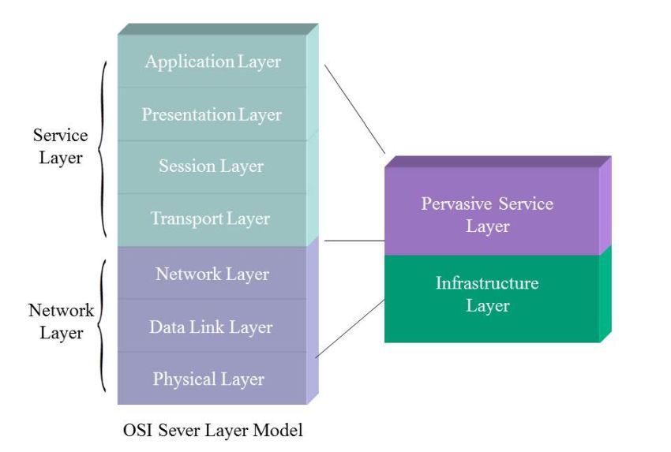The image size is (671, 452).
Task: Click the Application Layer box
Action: point(212,62)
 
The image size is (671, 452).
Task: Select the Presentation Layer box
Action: point(212,114)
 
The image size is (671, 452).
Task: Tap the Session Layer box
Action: point(211,166)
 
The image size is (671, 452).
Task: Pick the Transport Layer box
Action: point(210,219)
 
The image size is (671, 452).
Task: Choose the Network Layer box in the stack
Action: point(212,274)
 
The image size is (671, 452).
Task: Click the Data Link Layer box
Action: point(211,327)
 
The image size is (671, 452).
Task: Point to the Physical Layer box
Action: point(208,379)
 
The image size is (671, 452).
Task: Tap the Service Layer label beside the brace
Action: point(61,147)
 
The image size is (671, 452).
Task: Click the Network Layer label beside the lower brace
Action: point(61,321)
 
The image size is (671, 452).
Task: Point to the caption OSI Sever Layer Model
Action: point(213,431)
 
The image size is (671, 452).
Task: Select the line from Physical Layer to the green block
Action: point(350,328)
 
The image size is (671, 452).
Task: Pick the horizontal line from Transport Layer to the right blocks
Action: point(354,240)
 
